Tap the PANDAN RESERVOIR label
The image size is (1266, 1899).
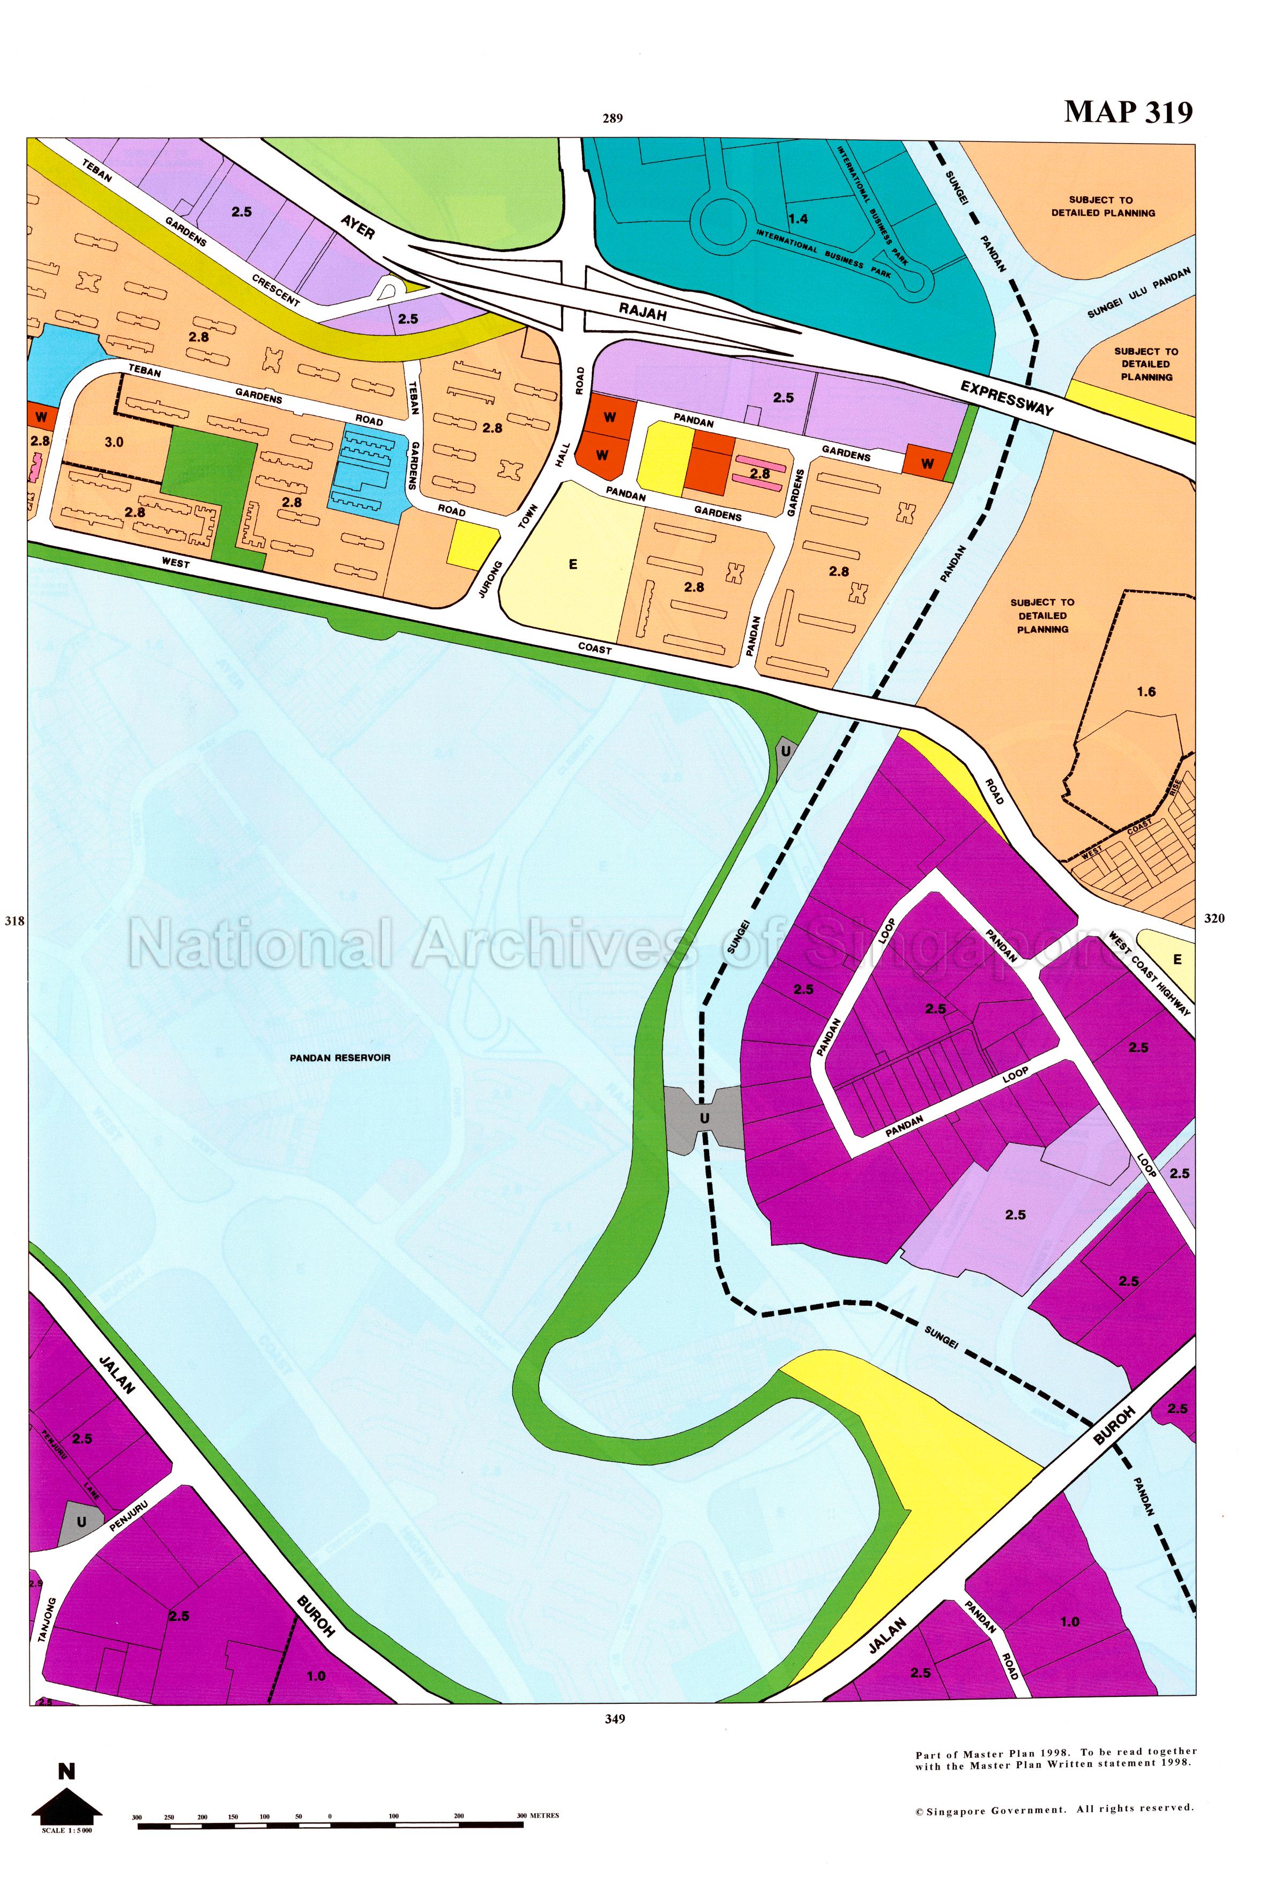(340, 1057)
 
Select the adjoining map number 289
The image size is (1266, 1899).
(613, 118)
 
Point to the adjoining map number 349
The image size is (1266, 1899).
(614, 1719)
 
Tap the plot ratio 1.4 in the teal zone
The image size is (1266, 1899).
(798, 218)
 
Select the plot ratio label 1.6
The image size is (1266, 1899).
(1146, 691)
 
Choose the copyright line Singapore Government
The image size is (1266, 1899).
(1054, 1809)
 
